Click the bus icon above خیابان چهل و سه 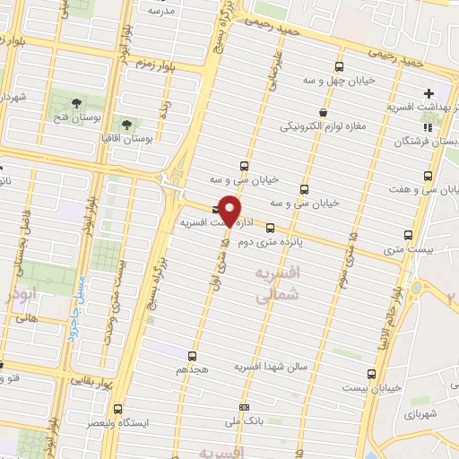point(339,66)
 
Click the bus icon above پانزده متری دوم point(270,225)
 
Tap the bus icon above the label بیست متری point(408,235)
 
